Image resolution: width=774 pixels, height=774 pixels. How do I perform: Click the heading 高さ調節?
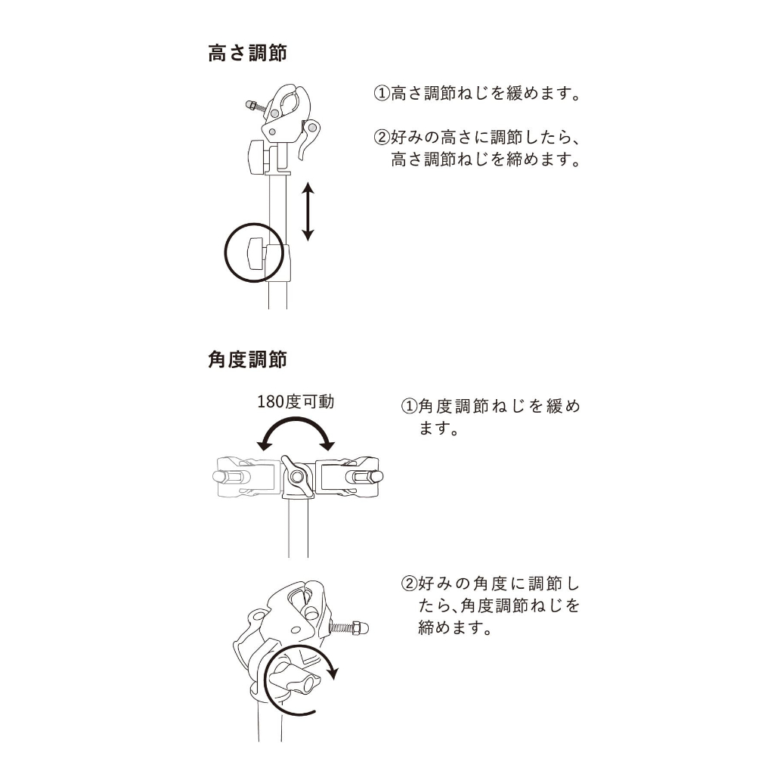(247, 54)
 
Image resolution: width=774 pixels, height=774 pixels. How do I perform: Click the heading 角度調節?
(247, 359)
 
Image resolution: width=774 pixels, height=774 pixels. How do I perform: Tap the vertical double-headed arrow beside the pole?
(308, 212)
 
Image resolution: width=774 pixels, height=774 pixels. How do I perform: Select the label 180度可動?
(296, 401)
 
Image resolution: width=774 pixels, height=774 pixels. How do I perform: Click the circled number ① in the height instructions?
(382, 93)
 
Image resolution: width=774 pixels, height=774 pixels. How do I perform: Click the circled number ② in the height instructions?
(382, 137)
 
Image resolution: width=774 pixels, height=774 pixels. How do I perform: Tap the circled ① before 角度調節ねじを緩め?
(409, 406)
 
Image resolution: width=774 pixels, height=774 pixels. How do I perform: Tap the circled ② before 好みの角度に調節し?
(409, 584)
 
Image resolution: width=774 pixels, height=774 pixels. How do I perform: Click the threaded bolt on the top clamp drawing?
(256, 106)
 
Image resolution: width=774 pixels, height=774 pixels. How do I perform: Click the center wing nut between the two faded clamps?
(296, 476)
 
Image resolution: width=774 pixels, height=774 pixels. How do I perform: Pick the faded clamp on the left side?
(248, 477)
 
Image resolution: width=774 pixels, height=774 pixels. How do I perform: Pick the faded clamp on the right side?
(348, 476)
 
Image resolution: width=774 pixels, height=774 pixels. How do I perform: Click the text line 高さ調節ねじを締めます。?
(486, 159)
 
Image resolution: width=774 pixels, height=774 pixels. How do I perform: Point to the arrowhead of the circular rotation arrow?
(333, 672)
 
